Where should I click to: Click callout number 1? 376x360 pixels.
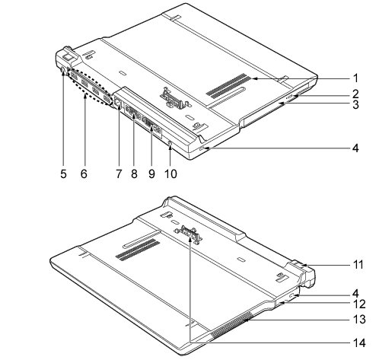click(356, 78)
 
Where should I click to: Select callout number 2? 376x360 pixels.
click(355, 94)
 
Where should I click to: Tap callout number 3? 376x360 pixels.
click(355, 104)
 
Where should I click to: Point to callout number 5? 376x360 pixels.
click(63, 174)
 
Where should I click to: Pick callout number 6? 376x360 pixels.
click(84, 174)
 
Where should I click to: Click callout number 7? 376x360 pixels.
click(119, 174)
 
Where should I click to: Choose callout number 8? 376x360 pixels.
click(134, 174)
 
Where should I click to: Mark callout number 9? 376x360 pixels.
click(151, 174)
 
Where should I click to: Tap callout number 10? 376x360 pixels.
click(170, 174)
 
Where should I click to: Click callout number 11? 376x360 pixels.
click(358, 264)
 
